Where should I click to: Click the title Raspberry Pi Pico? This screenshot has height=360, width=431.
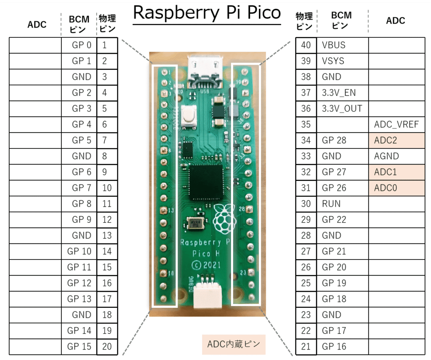click(x=207, y=13)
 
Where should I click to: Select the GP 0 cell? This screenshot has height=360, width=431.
click(x=79, y=45)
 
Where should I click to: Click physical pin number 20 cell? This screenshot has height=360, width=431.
click(x=107, y=347)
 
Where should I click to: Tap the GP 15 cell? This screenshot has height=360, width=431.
click(x=79, y=347)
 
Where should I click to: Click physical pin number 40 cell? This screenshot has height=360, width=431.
click(x=306, y=45)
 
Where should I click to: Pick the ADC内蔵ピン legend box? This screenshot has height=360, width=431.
click(x=234, y=344)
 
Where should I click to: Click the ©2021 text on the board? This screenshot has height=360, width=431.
click(x=206, y=265)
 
